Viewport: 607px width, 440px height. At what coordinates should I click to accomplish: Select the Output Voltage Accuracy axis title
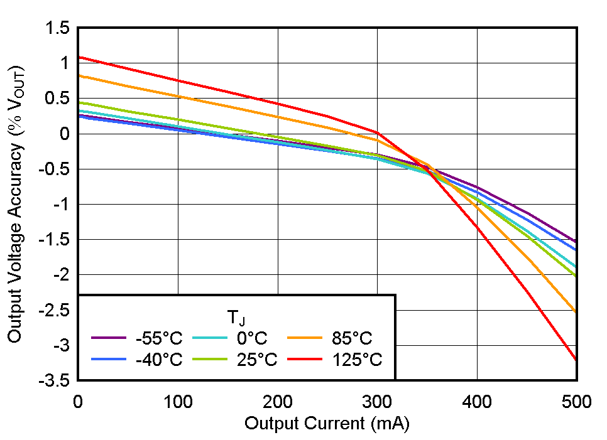[15, 204]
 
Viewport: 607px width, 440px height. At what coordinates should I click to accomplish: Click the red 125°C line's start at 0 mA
[79, 57]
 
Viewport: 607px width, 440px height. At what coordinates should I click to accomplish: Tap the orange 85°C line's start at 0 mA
[79, 75]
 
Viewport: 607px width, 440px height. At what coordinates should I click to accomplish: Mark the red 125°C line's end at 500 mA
[576, 360]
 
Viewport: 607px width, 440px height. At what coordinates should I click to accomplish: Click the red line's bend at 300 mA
[378, 132]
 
